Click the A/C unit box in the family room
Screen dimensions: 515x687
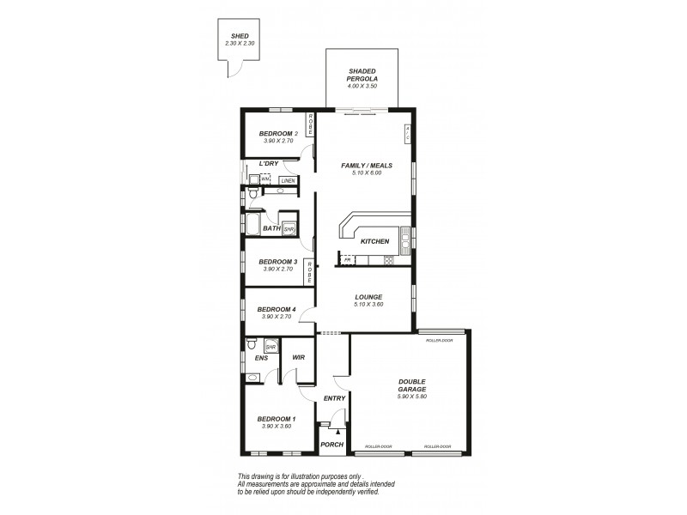(407, 134)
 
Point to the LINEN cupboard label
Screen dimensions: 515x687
(288, 180)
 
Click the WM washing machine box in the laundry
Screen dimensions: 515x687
(265, 179)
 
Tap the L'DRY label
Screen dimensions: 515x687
(269, 163)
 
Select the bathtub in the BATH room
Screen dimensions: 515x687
(252, 225)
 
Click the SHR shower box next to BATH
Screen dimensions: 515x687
(289, 229)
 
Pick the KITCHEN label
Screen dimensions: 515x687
(375, 241)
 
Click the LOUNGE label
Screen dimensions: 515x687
(367, 297)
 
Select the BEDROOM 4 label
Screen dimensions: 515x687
(277, 309)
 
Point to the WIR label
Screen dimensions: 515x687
(299, 357)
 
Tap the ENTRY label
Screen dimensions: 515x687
(334, 397)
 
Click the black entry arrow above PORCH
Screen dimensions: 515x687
(337, 432)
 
